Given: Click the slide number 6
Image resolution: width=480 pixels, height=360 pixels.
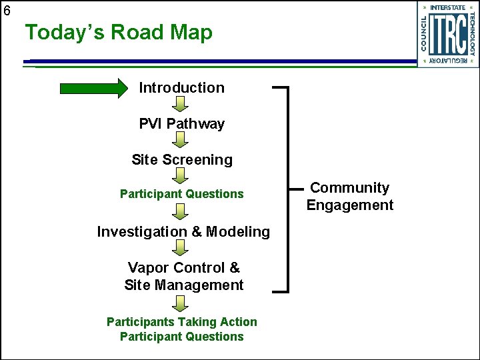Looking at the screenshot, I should pos(7,10).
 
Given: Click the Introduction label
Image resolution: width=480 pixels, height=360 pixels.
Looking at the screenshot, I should pos(181,88).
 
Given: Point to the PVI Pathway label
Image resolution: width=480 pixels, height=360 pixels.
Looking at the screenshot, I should pos(181,124).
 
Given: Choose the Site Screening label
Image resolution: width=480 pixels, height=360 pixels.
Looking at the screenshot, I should pos(182,160).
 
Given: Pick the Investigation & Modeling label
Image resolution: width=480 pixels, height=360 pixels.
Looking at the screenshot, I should pos(183,232).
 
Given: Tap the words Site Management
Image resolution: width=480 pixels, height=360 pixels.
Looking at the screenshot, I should pos(184,285).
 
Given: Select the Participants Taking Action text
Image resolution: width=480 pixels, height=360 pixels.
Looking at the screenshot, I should pos(181,322).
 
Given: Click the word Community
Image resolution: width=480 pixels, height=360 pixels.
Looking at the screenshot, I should pos(350,189).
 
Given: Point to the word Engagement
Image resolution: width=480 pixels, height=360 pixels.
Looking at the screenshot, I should pos(350,205).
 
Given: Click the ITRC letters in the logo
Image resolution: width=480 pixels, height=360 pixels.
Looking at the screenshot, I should pos(447,35).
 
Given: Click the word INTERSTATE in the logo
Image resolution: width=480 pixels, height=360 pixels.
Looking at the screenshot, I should pos(448,8).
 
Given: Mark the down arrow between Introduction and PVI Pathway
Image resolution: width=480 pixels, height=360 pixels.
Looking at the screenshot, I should pos(181,105).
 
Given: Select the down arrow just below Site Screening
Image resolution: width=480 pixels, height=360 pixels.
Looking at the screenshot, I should pos(181,176).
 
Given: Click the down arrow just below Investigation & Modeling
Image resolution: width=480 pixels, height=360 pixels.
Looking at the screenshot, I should pos(181,248).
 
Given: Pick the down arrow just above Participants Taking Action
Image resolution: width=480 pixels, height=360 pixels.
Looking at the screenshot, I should pos(181,303).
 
